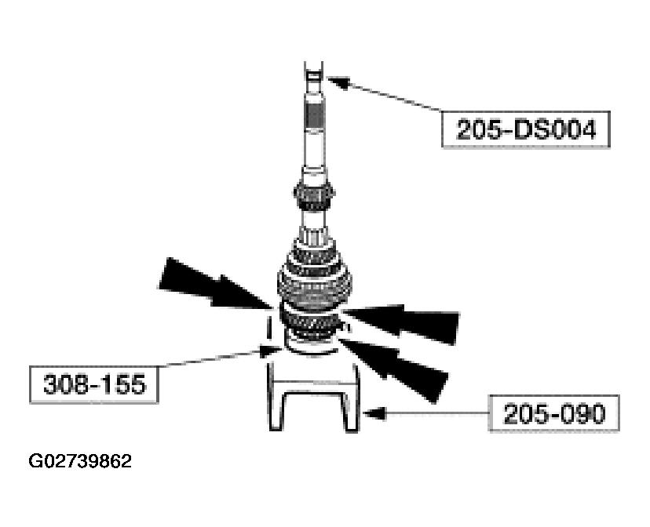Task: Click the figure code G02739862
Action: tap(80, 461)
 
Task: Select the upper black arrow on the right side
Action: tap(408, 320)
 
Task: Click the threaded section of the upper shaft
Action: tap(316, 125)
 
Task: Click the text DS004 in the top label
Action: tap(553, 129)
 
